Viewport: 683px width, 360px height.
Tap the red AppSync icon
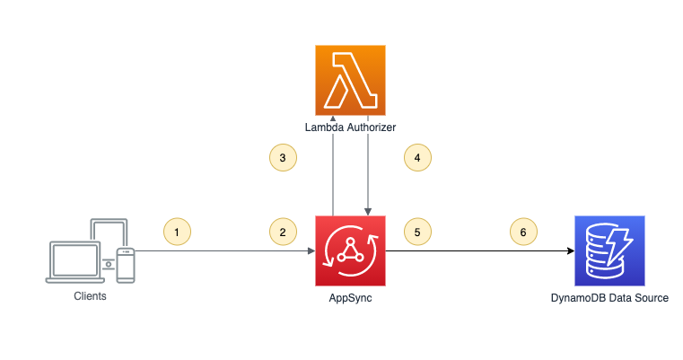(350, 250)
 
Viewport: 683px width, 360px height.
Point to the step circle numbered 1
(177, 233)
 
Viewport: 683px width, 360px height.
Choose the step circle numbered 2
(283, 233)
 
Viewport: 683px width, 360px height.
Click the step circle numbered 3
(283, 157)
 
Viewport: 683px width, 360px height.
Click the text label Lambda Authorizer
(350, 127)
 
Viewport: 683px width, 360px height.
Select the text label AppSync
(350, 297)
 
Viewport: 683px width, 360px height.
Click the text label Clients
(90, 295)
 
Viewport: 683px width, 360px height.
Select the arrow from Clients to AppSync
(224, 251)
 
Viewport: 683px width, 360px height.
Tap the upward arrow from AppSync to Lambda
(333, 171)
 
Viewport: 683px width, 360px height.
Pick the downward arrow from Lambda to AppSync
(368, 171)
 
